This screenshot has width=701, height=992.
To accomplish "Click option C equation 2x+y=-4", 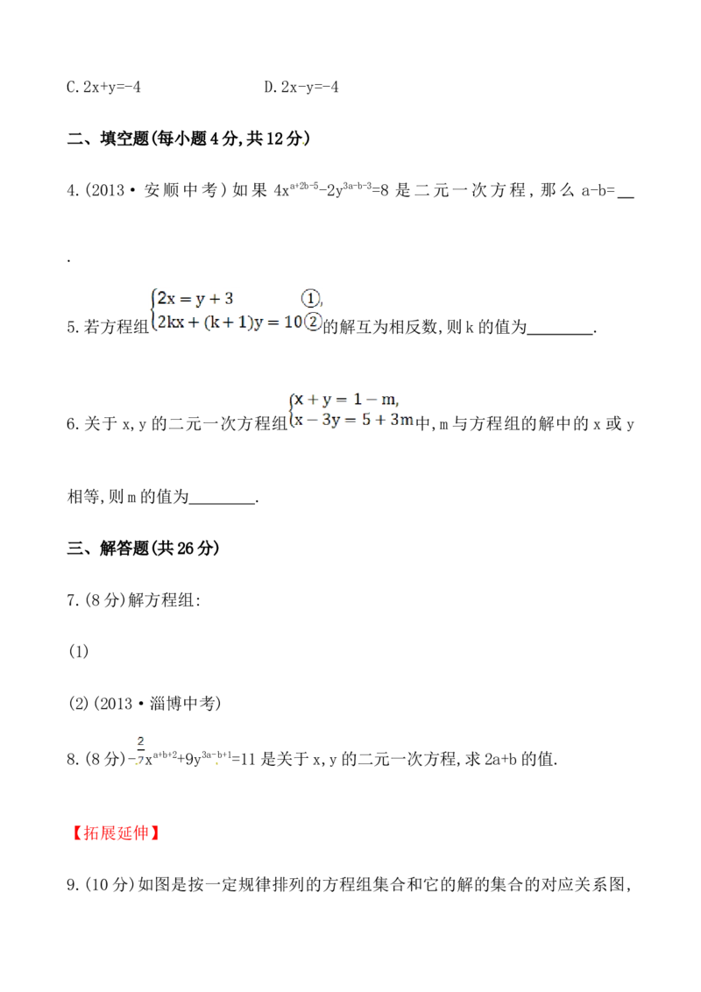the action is (103, 87).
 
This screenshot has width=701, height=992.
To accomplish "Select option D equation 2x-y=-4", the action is (301, 87).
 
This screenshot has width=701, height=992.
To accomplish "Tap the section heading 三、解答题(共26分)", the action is (144, 548).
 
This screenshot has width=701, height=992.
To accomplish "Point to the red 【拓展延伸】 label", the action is (115, 833).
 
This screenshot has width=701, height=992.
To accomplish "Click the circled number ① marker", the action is (310, 298).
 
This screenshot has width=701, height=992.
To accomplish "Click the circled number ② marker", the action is (313, 322).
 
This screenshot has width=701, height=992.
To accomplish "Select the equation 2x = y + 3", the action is (195, 298).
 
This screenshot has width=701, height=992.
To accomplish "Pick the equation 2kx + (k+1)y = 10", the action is (230, 322).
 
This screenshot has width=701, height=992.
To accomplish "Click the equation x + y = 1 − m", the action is (346, 400).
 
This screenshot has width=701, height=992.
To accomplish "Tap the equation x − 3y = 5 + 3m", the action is (354, 420).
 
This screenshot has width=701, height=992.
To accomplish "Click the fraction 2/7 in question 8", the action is (140, 750).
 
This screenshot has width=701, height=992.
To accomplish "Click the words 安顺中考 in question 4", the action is (181, 190).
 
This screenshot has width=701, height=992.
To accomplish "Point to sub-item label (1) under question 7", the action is (79, 652).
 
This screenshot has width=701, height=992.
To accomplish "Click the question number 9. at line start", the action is (73, 884).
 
